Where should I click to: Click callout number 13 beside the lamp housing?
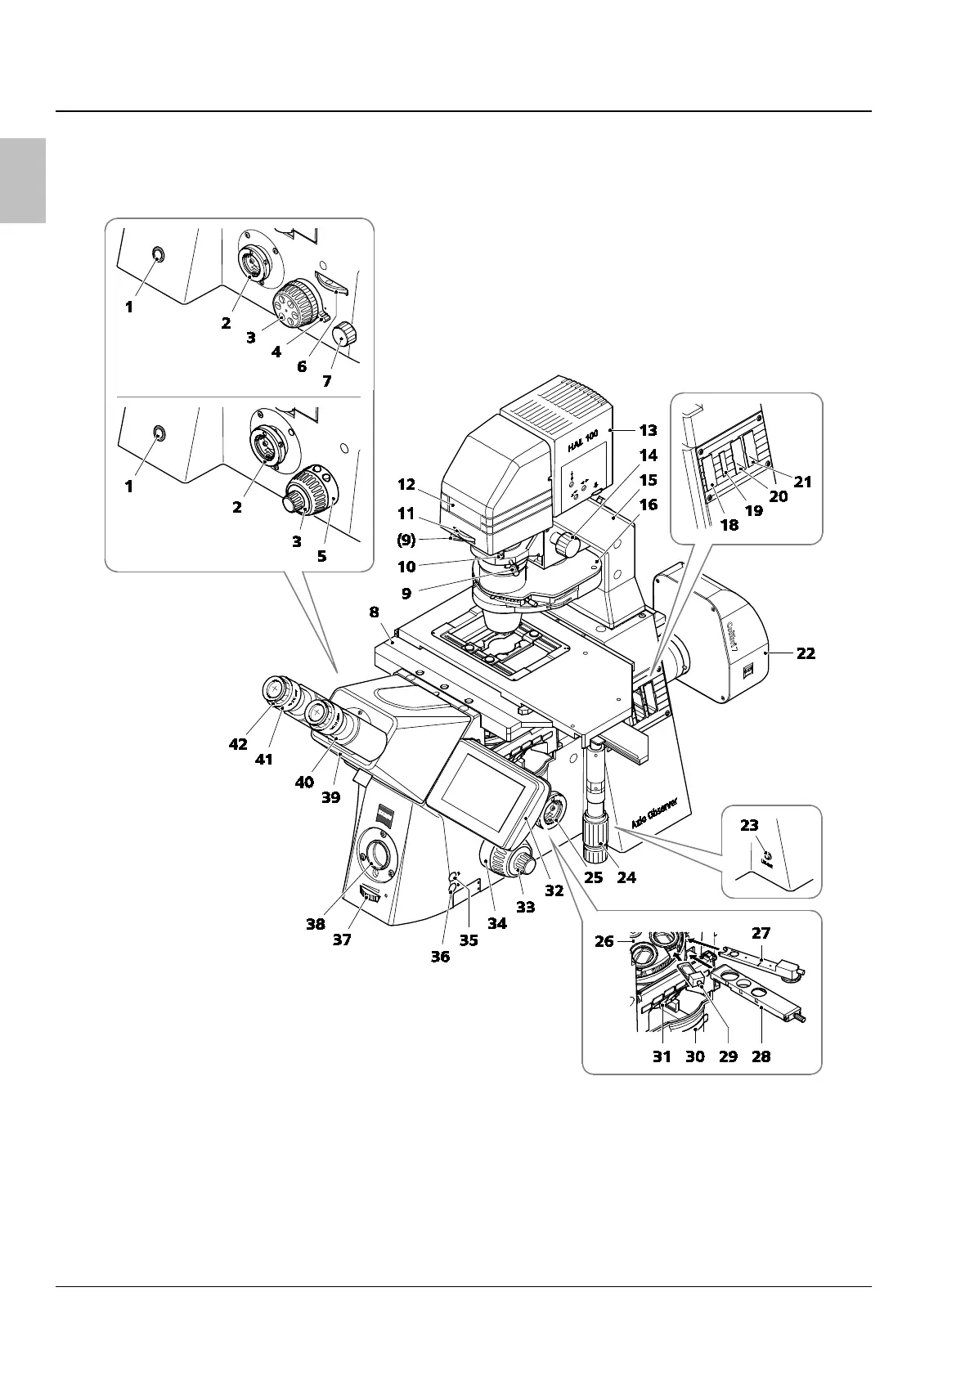pyautogui.click(x=648, y=430)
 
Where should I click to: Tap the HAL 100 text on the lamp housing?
pyautogui.click(x=583, y=442)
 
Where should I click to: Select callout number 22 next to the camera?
pyautogui.click(x=806, y=653)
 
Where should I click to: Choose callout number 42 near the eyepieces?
pyautogui.click(x=237, y=744)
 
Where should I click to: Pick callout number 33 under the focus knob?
pyautogui.click(x=526, y=907)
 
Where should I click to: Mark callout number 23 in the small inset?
pyautogui.click(x=749, y=826)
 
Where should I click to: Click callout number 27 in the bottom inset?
pyautogui.click(x=761, y=933)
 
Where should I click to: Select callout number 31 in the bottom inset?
pyautogui.click(x=662, y=1056)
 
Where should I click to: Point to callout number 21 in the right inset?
pyautogui.click(x=803, y=482)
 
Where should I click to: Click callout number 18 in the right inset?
pyautogui.click(x=729, y=525)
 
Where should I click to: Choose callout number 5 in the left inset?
pyautogui.click(x=321, y=555)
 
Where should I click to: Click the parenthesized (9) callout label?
pyautogui.click(x=406, y=540)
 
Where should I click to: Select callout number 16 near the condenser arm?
pyautogui.click(x=648, y=505)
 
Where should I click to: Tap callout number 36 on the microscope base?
pyautogui.click(x=440, y=956)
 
